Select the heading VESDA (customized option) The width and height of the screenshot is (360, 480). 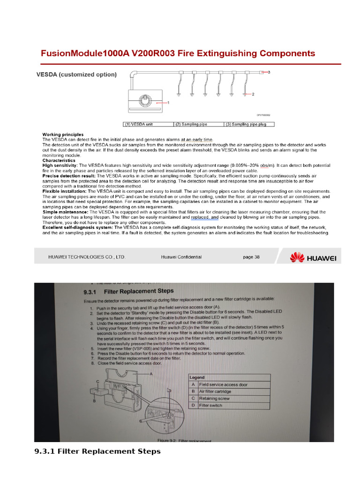click(x=77, y=75)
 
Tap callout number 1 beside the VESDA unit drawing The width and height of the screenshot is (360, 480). click(x=168, y=102)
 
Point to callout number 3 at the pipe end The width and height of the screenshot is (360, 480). click(x=269, y=72)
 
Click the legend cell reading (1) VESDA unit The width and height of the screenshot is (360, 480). click(x=147, y=124)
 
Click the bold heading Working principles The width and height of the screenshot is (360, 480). click(x=63, y=135)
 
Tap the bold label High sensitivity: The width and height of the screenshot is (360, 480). click(x=60, y=165)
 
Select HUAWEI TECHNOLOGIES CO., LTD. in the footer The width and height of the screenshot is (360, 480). click(x=87, y=257)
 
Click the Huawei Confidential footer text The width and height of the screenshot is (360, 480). click(x=181, y=257)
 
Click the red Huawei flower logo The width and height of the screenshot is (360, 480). click(x=297, y=257)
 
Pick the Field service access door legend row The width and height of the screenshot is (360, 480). click(x=223, y=384)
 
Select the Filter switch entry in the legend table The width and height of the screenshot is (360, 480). click(x=211, y=405)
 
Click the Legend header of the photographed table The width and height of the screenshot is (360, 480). click(x=197, y=377)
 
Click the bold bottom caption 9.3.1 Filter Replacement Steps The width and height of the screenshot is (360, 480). click(x=97, y=451)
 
